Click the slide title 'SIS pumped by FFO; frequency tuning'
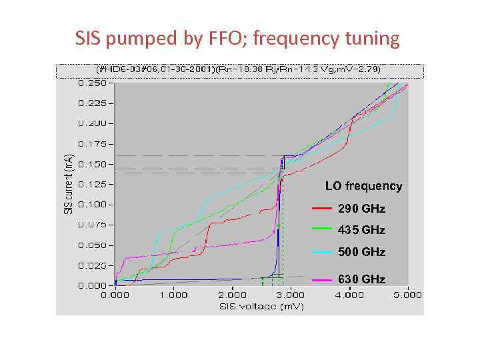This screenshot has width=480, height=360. pos(238,39)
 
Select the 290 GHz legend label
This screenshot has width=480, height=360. pos(361,209)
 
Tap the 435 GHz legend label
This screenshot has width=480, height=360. pos(361,230)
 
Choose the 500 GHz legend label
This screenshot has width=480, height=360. pos(361,252)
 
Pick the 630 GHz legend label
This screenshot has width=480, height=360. pos(361,279)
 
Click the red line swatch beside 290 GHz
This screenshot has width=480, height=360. pos(322,209)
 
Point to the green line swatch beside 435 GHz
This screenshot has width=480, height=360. pos(322,229)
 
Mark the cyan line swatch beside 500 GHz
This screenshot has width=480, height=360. pos(322,252)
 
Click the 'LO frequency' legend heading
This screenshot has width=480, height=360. pos(363,186)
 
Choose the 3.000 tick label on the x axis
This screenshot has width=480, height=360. pos(290,295)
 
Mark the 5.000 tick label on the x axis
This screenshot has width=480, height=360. pos(407,295)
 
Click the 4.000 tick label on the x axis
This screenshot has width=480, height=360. pos(349,295)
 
